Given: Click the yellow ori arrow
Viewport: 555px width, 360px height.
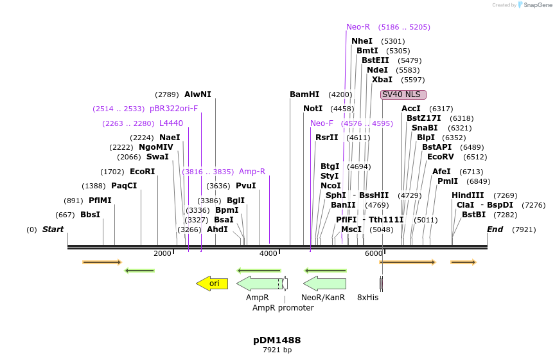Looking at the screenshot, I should (212, 283).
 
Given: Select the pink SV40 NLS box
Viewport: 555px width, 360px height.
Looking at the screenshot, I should (403, 94).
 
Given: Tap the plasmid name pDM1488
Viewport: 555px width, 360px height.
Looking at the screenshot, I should (277, 340).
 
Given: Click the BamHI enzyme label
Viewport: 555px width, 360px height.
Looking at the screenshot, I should (304, 94).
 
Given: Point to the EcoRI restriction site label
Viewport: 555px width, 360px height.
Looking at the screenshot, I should (143, 172).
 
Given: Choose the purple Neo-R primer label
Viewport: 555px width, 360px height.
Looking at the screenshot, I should (358, 27).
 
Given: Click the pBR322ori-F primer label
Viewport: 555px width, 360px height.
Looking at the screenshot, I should (173, 109).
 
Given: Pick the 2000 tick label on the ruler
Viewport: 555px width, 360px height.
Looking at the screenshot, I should (163, 253).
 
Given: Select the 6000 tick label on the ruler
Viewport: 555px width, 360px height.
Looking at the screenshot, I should (373, 253).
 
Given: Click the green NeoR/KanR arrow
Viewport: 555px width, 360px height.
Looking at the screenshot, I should (324, 283).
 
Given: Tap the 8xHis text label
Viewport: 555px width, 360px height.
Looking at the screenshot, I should (367, 298).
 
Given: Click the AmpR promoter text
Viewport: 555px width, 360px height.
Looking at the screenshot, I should (283, 308).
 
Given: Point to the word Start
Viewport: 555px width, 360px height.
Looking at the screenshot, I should (53, 230).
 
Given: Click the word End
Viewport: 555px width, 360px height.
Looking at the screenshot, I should (495, 230).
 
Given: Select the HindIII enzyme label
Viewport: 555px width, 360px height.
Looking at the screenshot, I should (468, 195).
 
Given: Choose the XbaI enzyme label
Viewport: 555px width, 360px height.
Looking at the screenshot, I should (382, 80).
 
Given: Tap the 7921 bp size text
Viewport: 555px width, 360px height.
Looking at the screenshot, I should (277, 350).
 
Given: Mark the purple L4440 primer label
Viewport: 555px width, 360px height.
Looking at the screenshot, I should (171, 123).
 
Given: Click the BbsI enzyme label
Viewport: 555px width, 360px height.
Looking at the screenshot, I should (90, 215).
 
